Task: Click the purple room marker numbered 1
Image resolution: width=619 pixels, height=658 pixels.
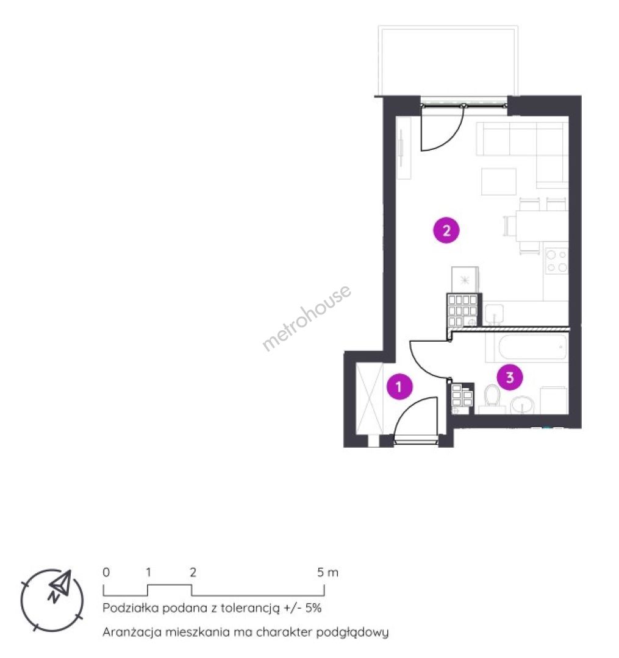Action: point(399,386)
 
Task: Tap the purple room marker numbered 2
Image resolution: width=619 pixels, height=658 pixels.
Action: point(446,230)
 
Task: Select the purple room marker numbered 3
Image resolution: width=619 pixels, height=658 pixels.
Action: point(510,377)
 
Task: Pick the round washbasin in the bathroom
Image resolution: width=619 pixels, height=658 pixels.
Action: point(523,405)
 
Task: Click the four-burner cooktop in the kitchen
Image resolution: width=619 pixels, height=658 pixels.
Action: point(556,261)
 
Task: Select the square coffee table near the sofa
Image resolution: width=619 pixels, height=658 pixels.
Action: point(498,182)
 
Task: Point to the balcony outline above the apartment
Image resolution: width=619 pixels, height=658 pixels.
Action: point(448,60)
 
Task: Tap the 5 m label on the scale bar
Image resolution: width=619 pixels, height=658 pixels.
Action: point(327,572)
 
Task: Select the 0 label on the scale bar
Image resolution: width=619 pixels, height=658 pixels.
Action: point(106,572)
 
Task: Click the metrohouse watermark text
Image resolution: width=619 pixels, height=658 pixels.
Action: point(306,317)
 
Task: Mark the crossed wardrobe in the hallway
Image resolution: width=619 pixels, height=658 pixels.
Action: point(370,398)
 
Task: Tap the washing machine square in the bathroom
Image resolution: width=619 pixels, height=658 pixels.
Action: point(554,400)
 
